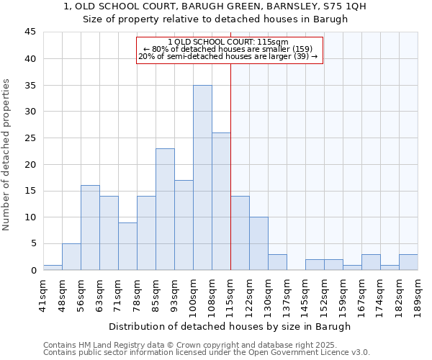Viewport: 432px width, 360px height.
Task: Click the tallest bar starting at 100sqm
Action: (x=202, y=178)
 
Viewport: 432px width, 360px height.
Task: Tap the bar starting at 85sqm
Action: (x=165, y=210)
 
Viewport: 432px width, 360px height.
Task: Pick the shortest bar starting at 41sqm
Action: (x=53, y=267)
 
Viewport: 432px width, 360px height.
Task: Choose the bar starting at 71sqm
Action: (x=127, y=246)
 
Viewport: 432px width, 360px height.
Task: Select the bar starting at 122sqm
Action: (x=258, y=243)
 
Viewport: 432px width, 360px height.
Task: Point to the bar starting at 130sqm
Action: (x=277, y=262)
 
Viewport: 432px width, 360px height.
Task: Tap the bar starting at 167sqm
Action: (x=371, y=262)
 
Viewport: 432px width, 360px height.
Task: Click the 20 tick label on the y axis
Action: (x=30, y=164)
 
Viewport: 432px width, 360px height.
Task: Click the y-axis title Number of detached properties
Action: (x=7, y=155)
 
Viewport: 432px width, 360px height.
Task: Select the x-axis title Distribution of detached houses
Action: (x=230, y=326)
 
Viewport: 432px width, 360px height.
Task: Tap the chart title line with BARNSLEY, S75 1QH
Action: (x=215, y=6)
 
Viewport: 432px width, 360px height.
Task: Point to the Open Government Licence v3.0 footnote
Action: (x=207, y=352)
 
